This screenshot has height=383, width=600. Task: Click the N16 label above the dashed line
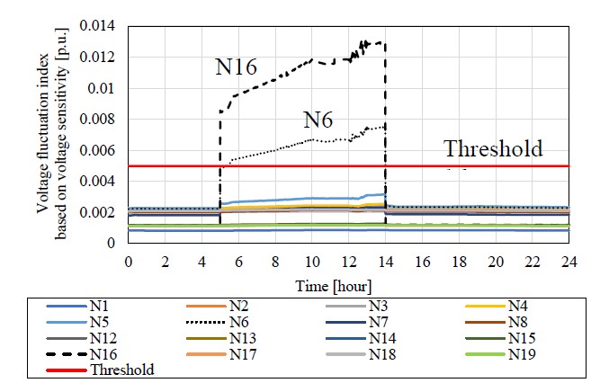(237, 67)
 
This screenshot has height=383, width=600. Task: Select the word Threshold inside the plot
(494, 149)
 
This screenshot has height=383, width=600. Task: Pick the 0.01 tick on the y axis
(102, 89)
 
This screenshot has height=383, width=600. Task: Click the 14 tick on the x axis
(386, 261)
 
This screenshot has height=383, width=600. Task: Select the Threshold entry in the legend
(128, 370)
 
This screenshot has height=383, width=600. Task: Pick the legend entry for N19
(522, 355)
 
